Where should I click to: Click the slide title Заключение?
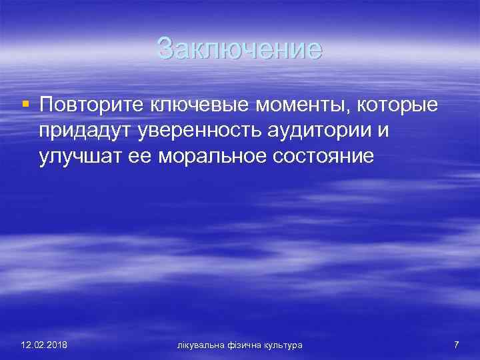coord(239,49)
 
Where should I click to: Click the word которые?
coord(391,105)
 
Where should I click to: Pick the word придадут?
coord(85,131)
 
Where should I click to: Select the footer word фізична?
coord(244,345)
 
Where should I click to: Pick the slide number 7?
coord(456,345)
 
